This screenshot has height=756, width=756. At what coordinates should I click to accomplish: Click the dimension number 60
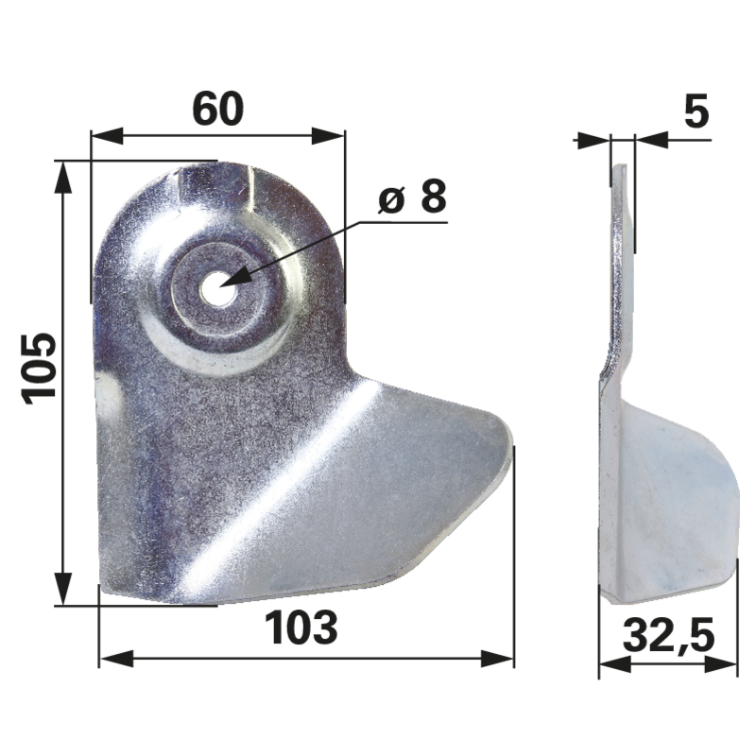[218, 110]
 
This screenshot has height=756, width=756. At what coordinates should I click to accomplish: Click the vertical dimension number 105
[40, 368]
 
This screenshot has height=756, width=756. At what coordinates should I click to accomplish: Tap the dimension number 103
[301, 627]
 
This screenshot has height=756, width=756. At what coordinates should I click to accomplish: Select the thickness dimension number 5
[696, 111]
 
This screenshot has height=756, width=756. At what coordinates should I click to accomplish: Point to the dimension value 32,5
[669, 636]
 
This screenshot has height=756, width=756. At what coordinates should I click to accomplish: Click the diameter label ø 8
[413, 197]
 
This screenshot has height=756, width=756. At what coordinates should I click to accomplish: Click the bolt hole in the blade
[219, 288]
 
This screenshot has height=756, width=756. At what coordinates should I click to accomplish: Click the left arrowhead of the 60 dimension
[107, 136]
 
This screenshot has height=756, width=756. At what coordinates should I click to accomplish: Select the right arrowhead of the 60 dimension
[329, 136]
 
